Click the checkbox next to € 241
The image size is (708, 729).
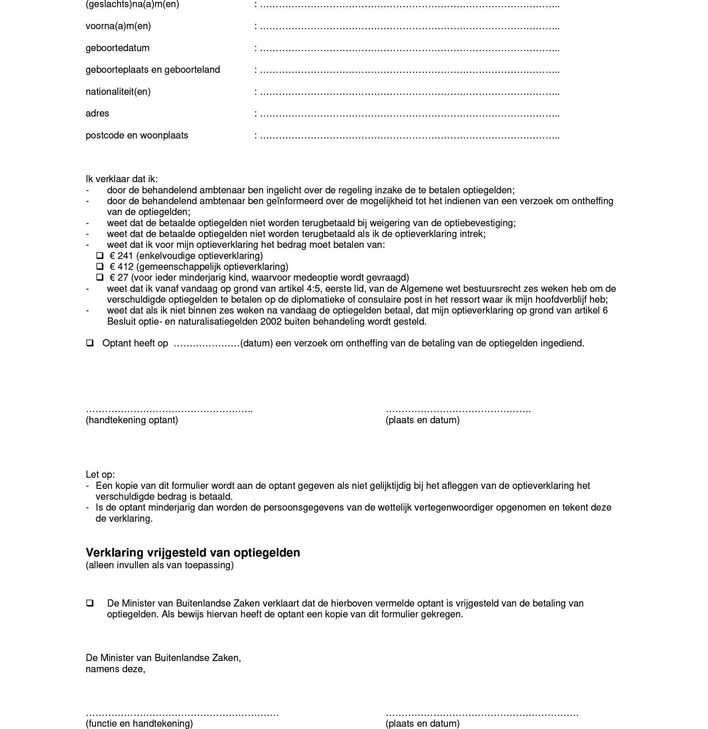click(x=100, y=256)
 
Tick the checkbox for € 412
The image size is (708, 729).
click(x=100, y=266)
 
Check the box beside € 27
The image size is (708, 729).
click(x=100, y=277)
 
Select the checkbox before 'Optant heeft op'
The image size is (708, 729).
click(x=90, y=343)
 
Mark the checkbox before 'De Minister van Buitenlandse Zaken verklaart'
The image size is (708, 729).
click(x=90, y=603)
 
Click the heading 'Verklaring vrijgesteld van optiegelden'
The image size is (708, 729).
click(x=193, y=553)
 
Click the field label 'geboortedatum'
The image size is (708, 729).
click(x=117, y=48)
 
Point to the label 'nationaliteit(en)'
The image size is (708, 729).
click(x=118, y=91)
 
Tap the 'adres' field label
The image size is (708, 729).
click(x=97, y=113)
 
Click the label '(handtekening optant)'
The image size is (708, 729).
click(x=132, y=420)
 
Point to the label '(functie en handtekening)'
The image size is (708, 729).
click(x=139, y=723)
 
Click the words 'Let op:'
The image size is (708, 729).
click(x=100, y=475)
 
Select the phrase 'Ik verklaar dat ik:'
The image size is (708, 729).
click(x=121, y=179)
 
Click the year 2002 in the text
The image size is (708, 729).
click(x=270, y=322)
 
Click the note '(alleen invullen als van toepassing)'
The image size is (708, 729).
click(x=159, y=565)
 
